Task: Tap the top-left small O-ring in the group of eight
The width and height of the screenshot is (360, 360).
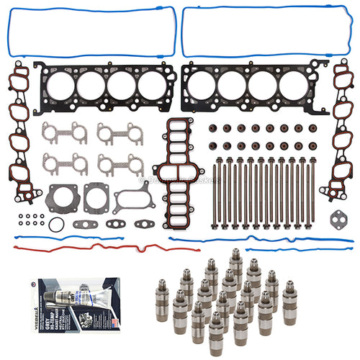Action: (x=19, y=215)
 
